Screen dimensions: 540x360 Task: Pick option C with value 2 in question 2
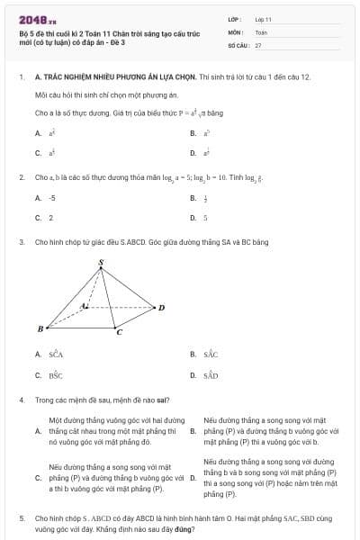50,217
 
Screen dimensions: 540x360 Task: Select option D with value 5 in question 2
205,217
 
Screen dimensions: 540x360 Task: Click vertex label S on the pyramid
101,262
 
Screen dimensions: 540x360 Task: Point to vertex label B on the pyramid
40,329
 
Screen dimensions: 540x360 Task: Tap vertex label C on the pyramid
119,333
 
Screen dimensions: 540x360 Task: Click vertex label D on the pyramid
161,308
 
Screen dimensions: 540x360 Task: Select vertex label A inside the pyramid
84,305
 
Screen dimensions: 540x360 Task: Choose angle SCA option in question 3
56,355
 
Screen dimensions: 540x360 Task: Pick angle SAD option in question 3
211,374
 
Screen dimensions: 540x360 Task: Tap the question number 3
21,242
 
